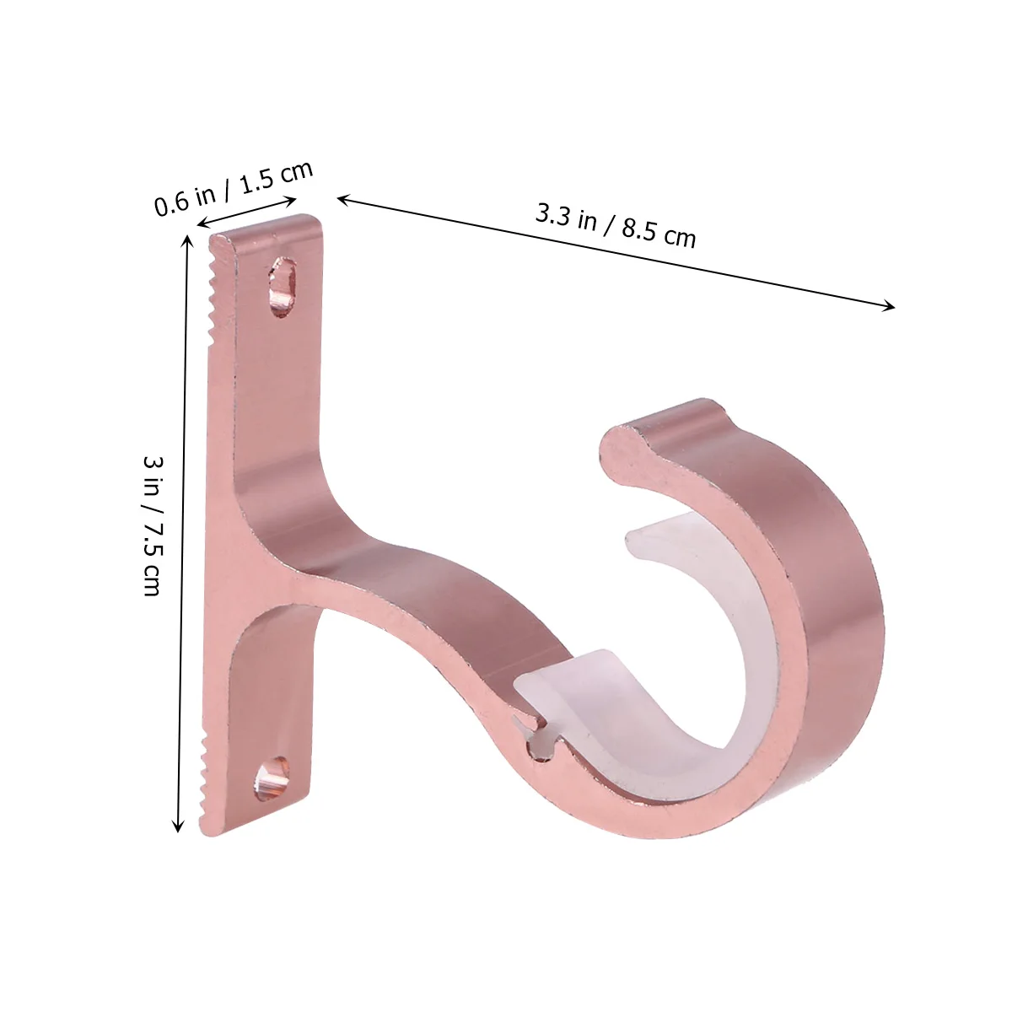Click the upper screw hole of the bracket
point(282,287)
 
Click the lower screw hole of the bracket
point(272,778)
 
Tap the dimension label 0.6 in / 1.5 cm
point(234,187)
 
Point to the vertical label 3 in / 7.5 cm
point(153,525)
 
